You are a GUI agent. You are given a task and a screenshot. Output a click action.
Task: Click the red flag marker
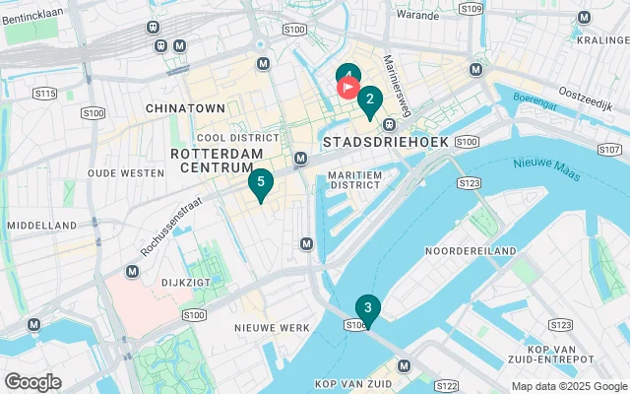coord(347,87)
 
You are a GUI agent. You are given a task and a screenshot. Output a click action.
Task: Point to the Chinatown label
coord(185,106)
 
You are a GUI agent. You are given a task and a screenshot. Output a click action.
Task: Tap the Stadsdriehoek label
coord(386,143)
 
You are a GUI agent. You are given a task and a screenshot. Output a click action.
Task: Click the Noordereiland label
coord(471,251)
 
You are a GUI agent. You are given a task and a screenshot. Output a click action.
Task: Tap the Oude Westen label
coord(125,173)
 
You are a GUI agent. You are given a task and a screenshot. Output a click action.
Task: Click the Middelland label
coord(41,226)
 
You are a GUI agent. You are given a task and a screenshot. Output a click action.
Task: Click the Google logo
coord(32,382)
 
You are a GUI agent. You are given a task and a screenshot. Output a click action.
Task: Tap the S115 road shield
coord(43,94)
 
